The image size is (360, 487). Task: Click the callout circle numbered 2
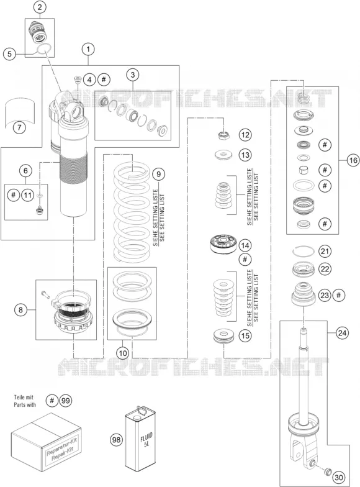pos(40,7)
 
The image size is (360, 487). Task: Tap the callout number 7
pos(19,127)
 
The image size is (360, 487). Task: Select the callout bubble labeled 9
pos(159,174)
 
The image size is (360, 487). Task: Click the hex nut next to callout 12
pos(223,135)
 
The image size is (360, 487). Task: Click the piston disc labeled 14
pos(223,245)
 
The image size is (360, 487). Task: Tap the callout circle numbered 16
pos(353,160)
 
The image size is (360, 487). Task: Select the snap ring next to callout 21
pos(304,250)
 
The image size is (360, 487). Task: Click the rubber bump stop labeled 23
pos(304,294)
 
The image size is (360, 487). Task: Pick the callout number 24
pos(342,333)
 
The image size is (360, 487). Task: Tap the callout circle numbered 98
pos(117,440)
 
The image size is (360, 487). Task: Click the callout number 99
pos(65,401)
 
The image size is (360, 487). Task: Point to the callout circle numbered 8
pos(21,309)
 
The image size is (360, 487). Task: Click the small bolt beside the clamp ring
pos(45,294)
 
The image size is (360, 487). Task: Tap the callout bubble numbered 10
pos(123,353)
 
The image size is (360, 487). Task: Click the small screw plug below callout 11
pos(40,211)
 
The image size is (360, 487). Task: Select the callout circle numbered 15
pos(245,335)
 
